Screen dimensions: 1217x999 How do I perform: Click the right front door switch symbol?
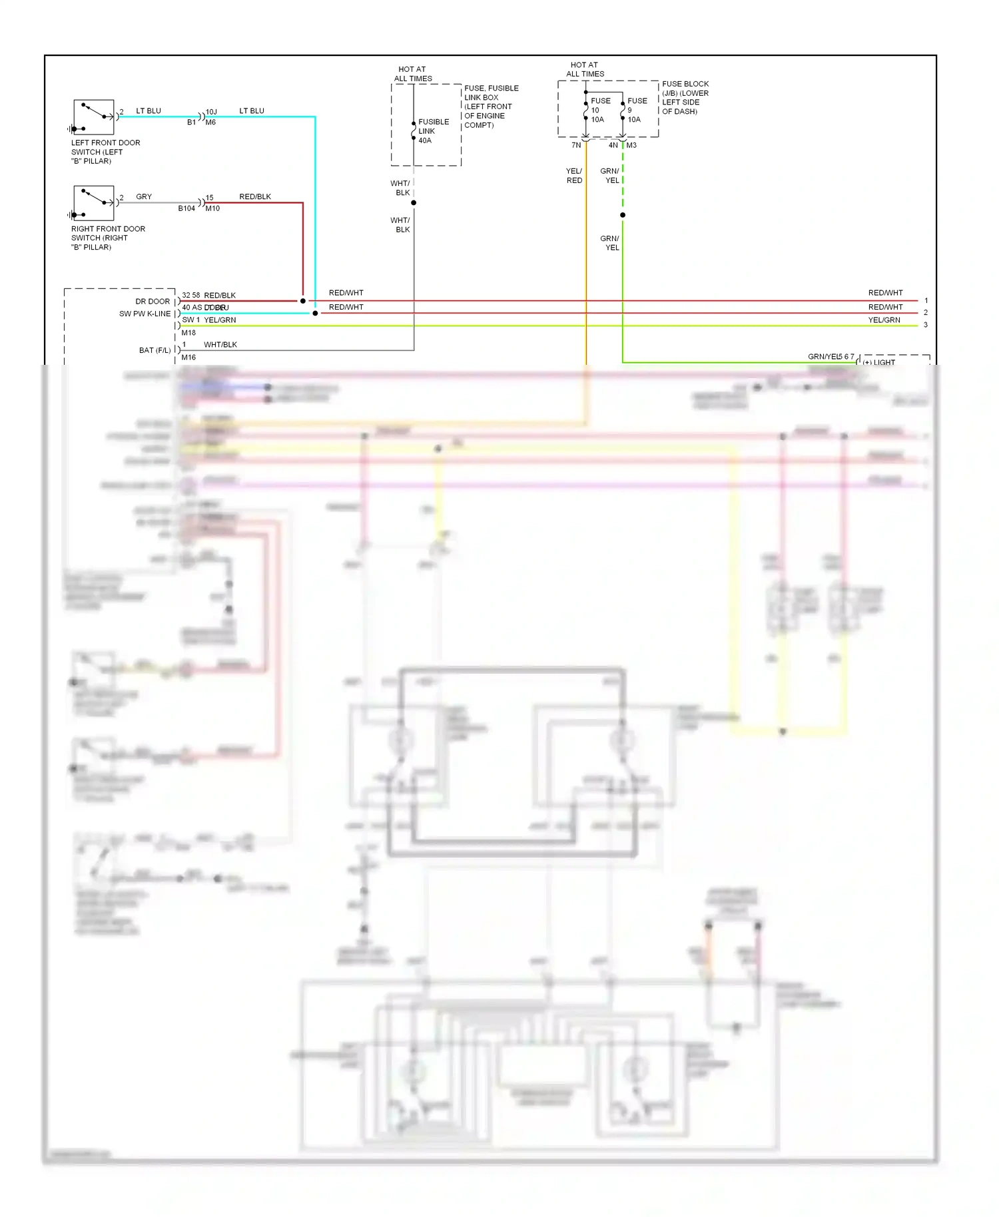click(93, 202)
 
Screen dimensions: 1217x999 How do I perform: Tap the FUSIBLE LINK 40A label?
click(433, 131)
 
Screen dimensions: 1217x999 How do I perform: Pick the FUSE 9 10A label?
click(636, 111)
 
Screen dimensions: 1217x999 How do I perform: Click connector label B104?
click(186, 208)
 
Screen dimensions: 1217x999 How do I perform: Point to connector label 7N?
click(576, 145)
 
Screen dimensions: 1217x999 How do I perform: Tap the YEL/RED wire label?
click(574, 176)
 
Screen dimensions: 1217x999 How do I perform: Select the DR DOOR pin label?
click(153, 302)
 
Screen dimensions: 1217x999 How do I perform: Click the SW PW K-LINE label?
click(145, 314)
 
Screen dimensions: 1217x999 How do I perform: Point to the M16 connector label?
click(188, 358)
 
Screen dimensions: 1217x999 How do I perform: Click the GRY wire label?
click(144, 197)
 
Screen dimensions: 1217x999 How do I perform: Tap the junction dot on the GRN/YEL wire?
click(623, 215)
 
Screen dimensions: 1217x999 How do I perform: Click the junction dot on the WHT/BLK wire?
click(414, 202)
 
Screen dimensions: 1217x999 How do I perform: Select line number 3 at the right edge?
click(925, 325)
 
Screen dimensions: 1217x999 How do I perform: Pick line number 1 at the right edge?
click(926, 300)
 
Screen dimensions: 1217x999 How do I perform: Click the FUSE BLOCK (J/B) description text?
click(685, 97)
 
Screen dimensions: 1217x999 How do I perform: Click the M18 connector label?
click(188, 333)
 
